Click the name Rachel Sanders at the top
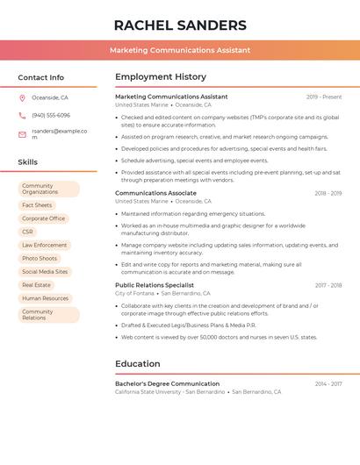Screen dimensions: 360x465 180,25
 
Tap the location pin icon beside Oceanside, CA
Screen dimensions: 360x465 22,98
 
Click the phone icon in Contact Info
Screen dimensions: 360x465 22,116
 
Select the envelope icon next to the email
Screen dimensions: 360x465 22,134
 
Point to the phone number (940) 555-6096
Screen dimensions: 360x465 51,116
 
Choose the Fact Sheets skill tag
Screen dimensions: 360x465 37,205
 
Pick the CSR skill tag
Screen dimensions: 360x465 28,232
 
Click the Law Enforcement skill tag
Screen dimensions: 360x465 45,245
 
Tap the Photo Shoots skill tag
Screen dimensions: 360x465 40,258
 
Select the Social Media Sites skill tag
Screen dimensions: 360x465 45,272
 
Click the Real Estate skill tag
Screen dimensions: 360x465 37,285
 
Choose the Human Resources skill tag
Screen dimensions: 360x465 45,298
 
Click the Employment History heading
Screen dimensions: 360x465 161,77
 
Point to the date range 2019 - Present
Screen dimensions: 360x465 324,97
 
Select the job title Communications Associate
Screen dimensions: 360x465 155,193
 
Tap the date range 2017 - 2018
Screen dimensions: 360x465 328,285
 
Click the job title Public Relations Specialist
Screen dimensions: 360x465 155,285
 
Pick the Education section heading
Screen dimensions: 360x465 138,364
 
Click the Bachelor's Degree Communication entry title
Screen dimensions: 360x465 167,383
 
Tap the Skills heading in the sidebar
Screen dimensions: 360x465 28,162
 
